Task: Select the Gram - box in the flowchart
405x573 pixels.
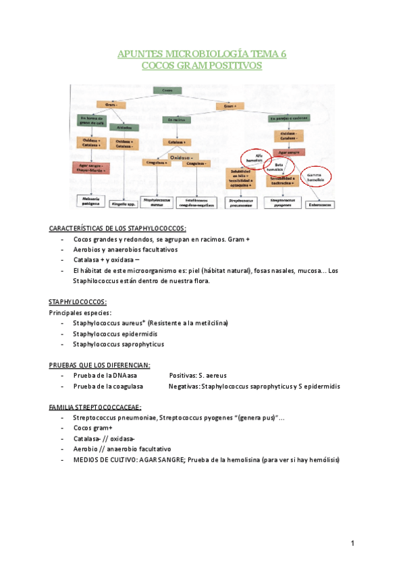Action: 108,105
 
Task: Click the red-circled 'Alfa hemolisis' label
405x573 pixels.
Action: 253,157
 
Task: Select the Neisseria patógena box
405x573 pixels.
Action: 92,201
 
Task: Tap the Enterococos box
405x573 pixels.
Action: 322,202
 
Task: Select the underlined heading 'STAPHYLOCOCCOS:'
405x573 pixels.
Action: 78,303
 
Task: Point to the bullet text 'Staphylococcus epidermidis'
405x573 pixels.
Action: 115,334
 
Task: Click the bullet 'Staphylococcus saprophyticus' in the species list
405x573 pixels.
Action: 118,344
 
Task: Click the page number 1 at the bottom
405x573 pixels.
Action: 352,543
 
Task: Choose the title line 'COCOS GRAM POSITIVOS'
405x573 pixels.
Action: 202,66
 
